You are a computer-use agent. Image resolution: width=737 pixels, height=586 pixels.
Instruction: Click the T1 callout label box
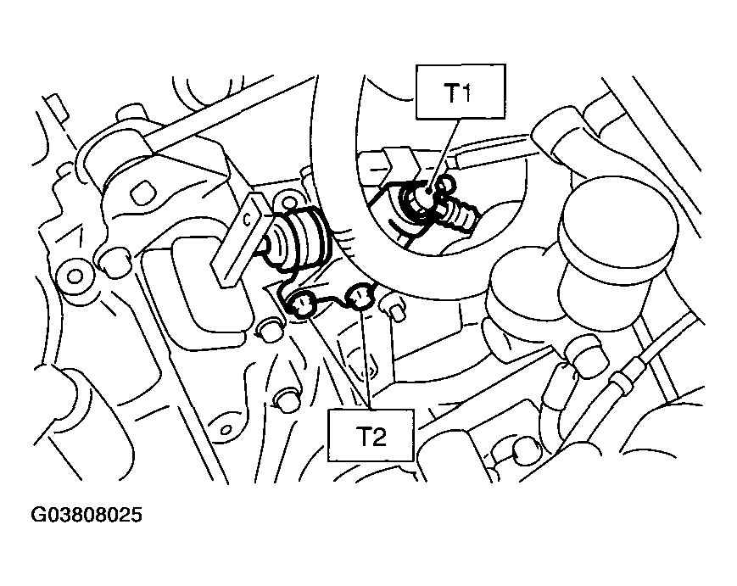tap(461, 92)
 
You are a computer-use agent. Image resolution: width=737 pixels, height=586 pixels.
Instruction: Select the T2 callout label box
tap(371, 435)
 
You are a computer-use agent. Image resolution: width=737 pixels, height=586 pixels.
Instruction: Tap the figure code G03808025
tap(87, 515)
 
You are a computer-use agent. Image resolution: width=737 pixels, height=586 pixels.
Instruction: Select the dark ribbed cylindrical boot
tap(299, 237)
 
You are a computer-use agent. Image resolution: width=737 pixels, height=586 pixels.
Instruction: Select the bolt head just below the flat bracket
tap(271, 331)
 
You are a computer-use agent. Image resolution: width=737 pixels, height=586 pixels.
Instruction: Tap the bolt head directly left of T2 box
tap(287, 400)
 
